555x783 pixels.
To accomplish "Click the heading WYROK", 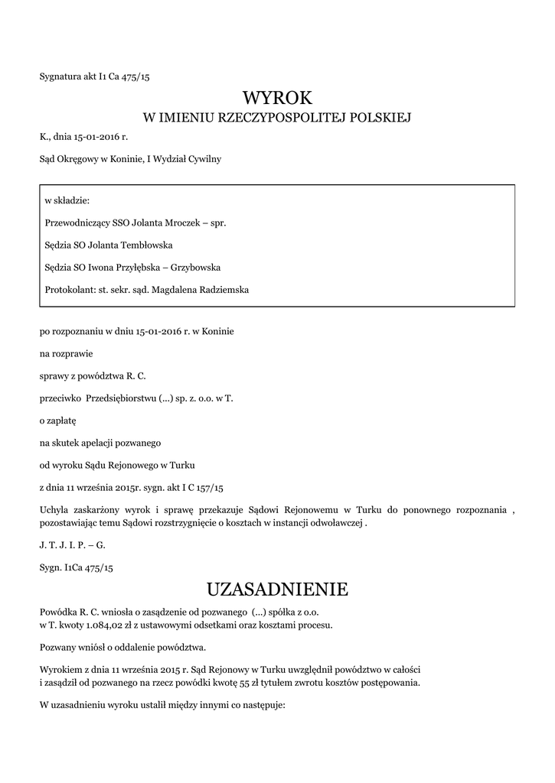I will pyautogui.click(x=277, y=97).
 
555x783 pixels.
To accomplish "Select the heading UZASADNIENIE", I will pyautogui.click(x=277, y=590).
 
